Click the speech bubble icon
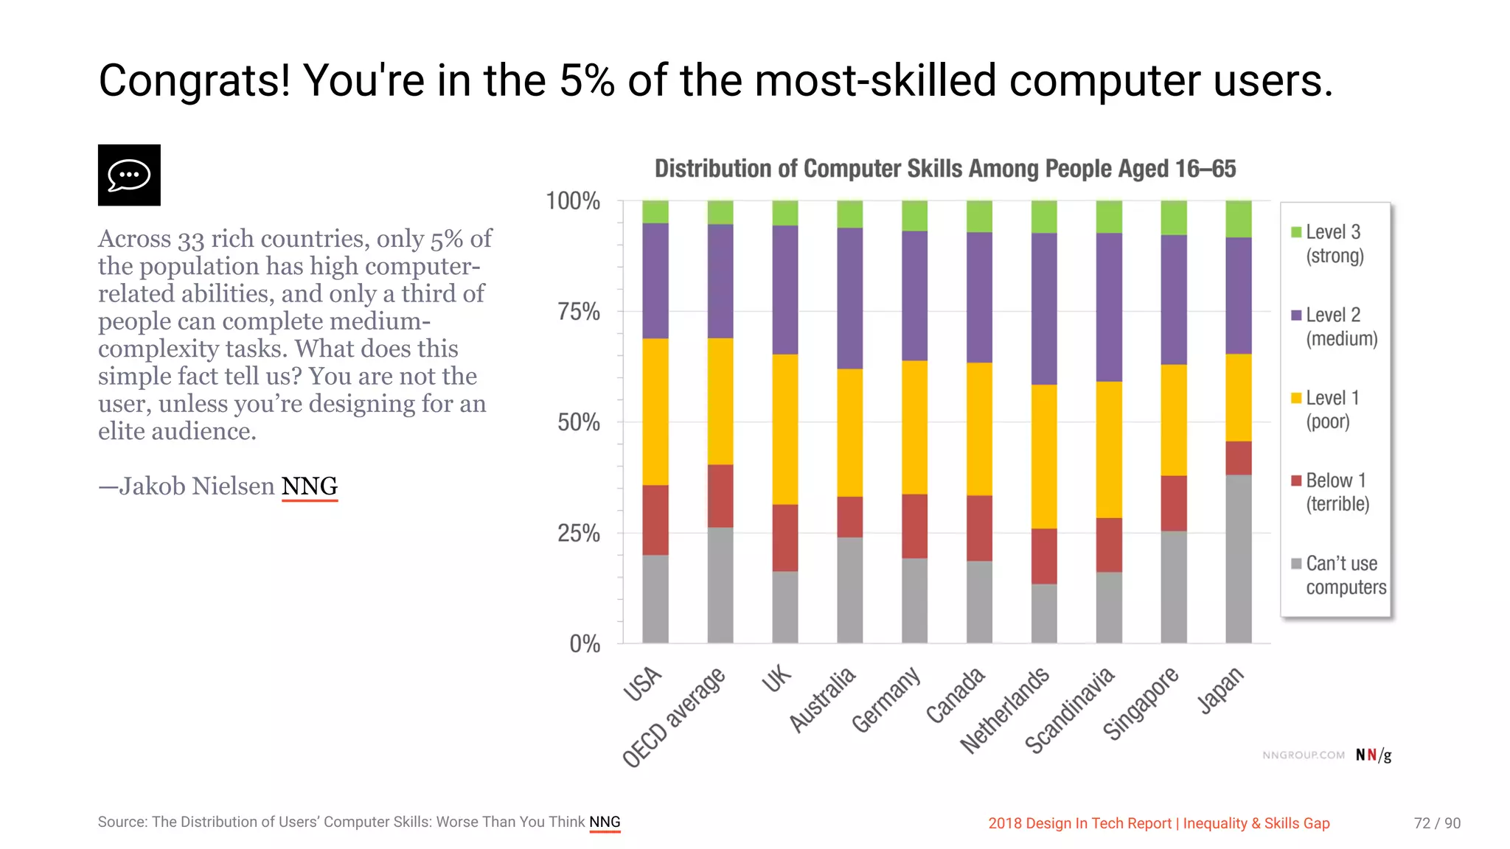coord(129,175)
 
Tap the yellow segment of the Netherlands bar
coord(1043,456)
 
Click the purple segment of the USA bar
coord(655,281)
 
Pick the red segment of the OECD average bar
coord(720,496)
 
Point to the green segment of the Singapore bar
coord(1173,217)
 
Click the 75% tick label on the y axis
coord(578,312)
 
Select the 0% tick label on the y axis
coord(584,644)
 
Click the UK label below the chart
coord(776,679)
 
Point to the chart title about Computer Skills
coord(944,169)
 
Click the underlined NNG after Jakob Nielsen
coord(309,486)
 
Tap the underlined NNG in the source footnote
coord(605,822)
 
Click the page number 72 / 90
coord(1436,823)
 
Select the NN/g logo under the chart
coord(1373,755)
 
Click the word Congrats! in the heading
coord(195,80)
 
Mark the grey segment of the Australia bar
coord(849,590)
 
